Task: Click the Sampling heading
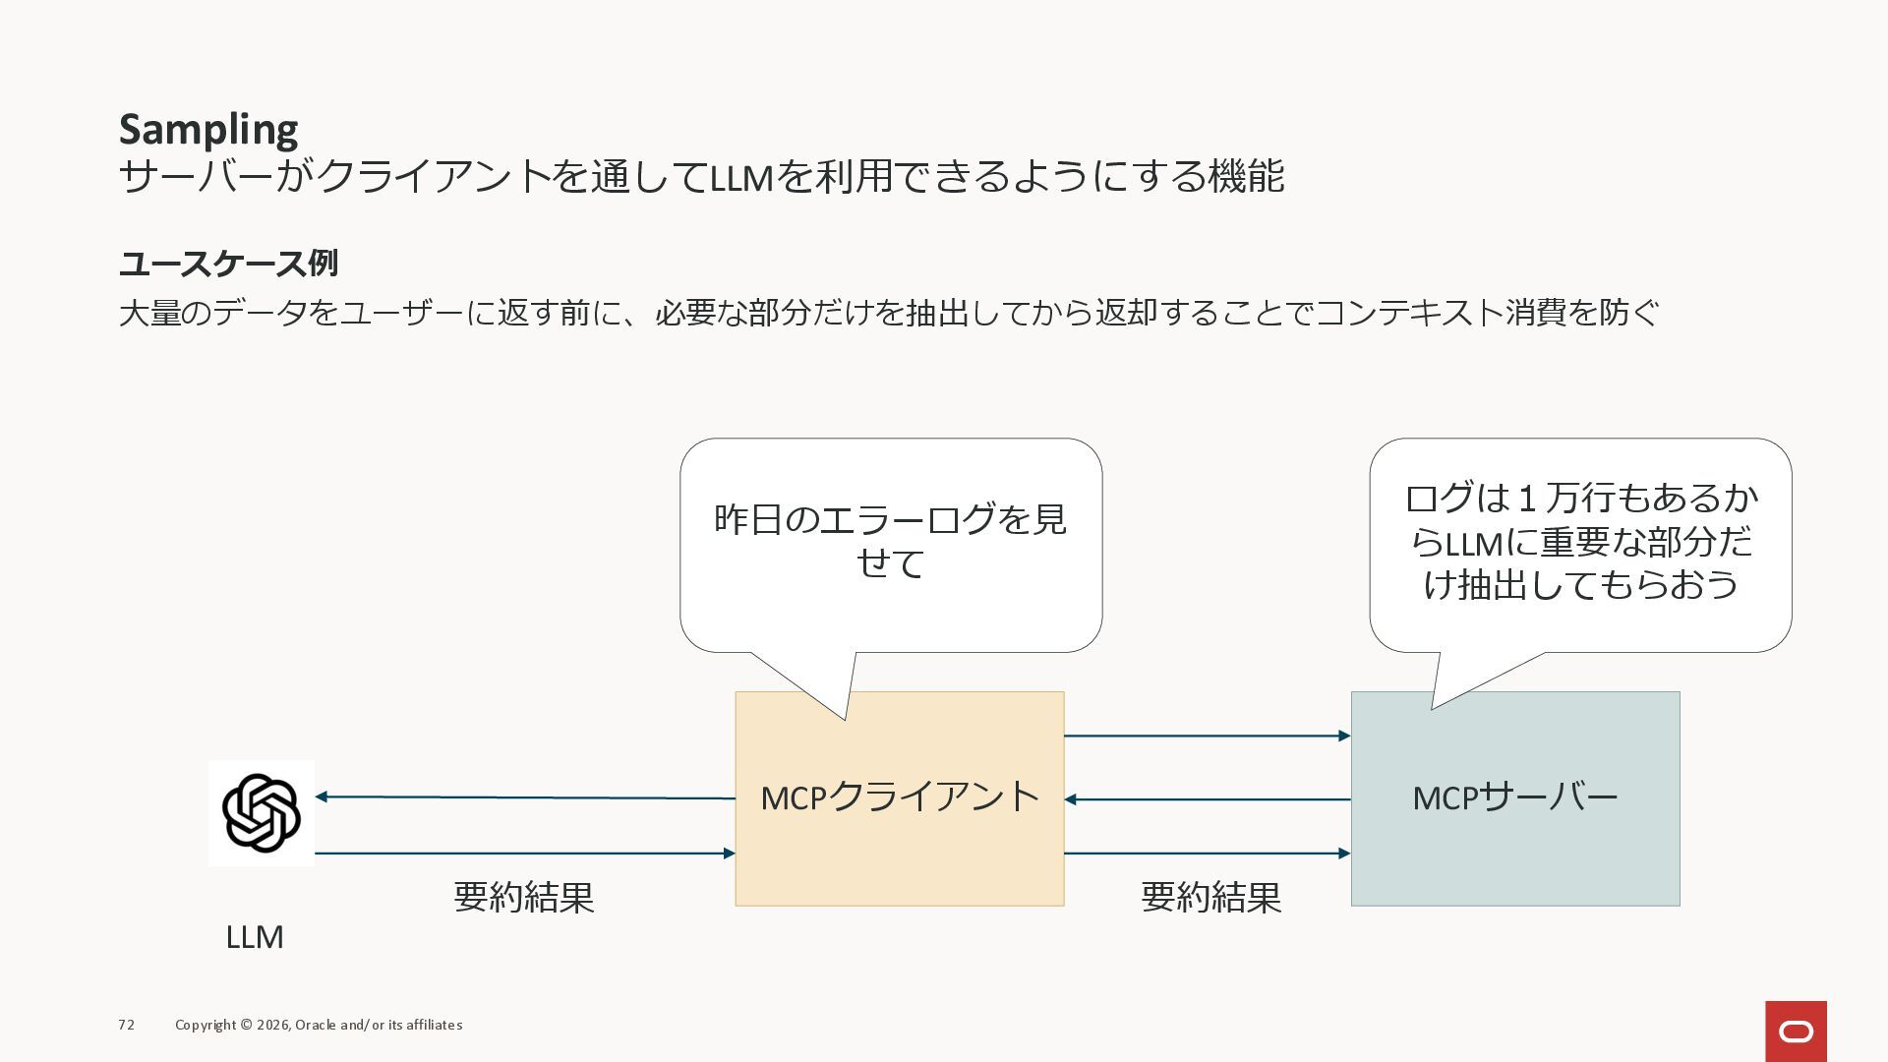208,130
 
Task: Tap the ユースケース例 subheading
228,264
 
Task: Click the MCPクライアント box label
900,797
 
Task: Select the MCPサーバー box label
1514,797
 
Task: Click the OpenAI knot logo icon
262,813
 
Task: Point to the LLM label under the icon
255,937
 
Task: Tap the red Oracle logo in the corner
1796,1032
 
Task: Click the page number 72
127,1025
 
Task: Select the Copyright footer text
319,1025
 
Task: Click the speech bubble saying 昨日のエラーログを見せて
891,542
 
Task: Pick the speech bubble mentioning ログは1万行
1580,542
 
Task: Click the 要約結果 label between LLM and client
524,897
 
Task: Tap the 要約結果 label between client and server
1210,897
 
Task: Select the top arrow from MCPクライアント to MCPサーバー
1208,736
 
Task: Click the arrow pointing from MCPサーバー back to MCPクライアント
1208,799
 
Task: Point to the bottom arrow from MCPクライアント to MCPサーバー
1208,854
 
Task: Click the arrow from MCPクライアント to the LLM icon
525,797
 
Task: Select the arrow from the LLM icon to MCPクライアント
525,854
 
